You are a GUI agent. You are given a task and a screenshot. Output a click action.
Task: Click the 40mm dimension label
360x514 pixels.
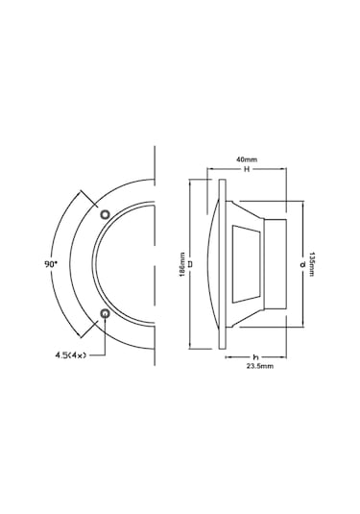(x=247, y=159)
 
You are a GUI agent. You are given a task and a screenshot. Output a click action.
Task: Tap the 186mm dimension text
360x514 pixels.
(x=182, y=264)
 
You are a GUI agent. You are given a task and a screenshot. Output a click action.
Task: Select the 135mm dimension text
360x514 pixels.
(x=311, y=264)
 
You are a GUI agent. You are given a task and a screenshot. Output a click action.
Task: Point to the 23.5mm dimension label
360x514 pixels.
(x=260, y=366)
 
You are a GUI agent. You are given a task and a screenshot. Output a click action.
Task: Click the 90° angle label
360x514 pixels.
(x=51, y=264)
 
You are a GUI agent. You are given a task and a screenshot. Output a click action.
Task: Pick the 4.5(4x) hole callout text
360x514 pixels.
(x=70, y=355)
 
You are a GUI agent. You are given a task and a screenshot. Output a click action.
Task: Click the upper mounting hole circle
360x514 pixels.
(x=106, y=214)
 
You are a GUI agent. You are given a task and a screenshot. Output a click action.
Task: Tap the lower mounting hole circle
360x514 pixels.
(x=106, y=314)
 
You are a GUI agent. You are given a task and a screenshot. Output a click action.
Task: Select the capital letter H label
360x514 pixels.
(x=247, y=169)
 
